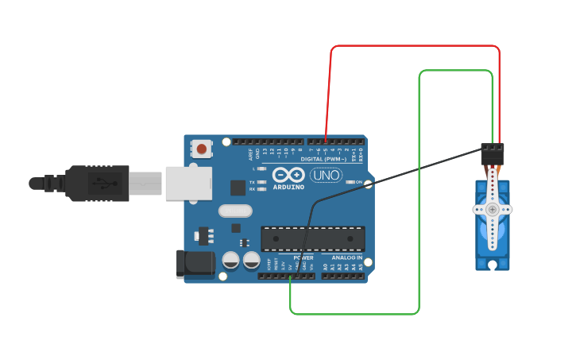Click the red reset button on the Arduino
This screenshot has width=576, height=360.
tap(202, 149)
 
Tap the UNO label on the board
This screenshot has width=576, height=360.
tap(326, 175)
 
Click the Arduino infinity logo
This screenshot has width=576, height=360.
tap(287, 175)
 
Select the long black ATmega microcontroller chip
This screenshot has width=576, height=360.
tap(313, 238)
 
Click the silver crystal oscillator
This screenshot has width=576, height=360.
tap(235, 211)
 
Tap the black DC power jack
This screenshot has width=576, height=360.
tap(195, 263)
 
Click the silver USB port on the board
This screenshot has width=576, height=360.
tap(189, 183)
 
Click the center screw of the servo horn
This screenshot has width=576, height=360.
tap(493, 209)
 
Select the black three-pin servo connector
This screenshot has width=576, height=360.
tap(492, 153)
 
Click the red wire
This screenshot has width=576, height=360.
tap(413, 46)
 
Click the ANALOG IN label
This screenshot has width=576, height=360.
tap(346, 257)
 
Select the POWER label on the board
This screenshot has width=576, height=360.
tap(303, 257)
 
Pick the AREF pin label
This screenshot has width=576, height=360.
tap(250, 153)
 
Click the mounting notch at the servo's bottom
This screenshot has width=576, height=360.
tap(493, 265)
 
